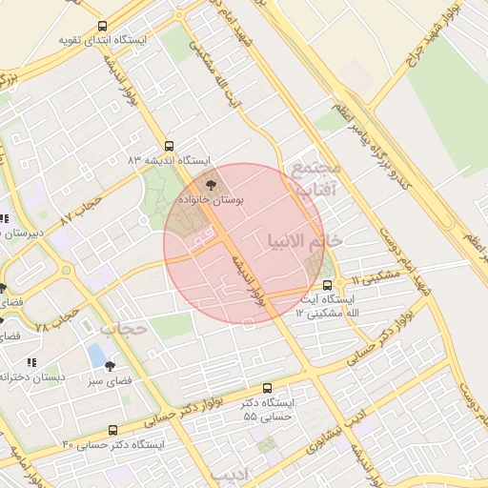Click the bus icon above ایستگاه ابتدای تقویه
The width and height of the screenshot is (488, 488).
(102, 27)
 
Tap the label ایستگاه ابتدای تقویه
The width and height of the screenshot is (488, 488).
(104, 40)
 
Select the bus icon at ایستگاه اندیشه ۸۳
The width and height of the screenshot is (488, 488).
(169, 147)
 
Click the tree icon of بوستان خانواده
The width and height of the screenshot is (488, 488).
(211, 186)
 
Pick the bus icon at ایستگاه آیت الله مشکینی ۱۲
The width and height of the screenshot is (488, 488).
(327, 285)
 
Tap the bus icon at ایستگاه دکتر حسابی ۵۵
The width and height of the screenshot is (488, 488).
(267, 389)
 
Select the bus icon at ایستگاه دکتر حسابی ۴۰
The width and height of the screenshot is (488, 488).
(113, 430)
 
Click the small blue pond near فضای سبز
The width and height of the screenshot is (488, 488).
(97, 356)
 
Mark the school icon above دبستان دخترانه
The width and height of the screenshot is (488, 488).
(32, 363)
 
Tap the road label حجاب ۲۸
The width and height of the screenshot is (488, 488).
(54, 319)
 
